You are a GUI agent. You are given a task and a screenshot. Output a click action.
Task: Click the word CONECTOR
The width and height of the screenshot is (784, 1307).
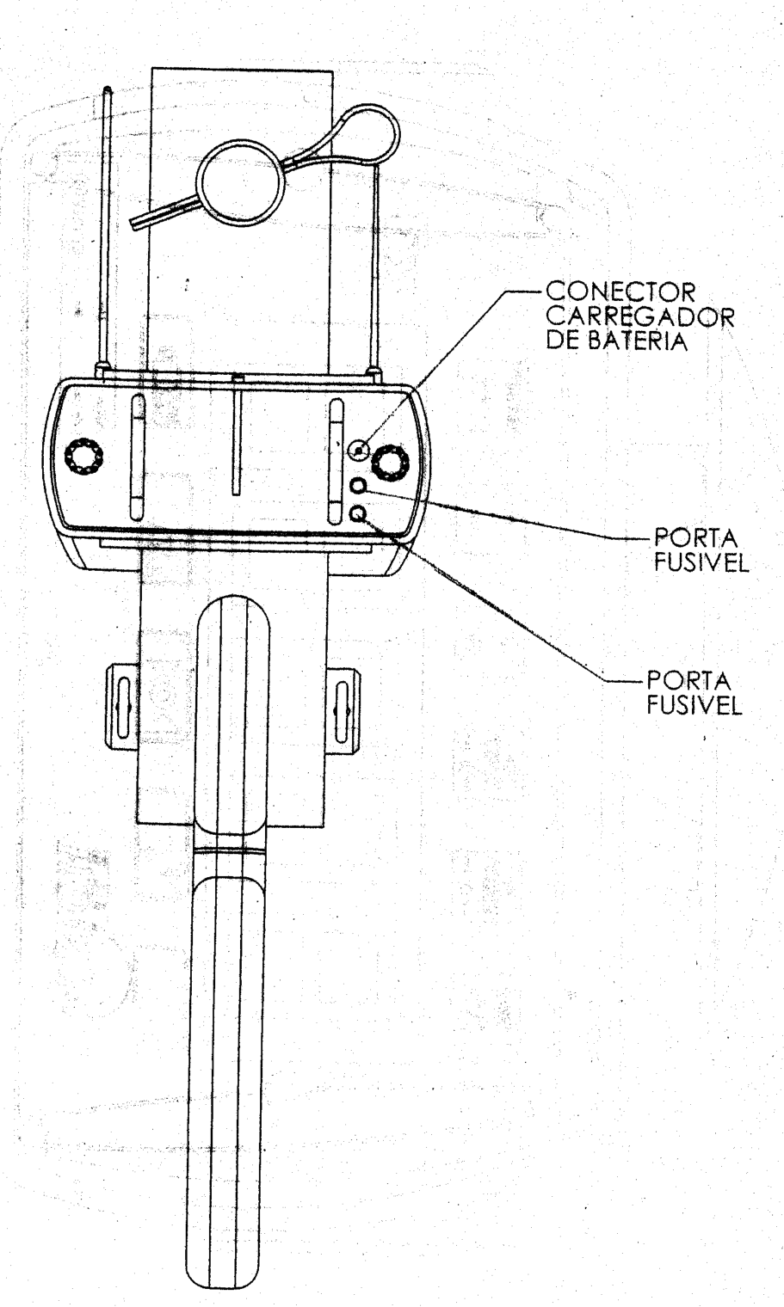tap(621, 291)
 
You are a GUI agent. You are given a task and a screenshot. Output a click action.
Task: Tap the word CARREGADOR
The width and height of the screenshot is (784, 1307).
tap(639, 316)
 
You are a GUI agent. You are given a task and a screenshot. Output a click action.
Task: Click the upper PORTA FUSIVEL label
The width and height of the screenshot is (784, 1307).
tap(701, 549)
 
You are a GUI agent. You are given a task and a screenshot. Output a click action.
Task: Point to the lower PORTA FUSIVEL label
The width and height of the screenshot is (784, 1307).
tap(694, 692)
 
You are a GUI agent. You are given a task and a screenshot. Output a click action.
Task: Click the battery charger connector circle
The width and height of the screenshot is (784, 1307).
tap(358, 450)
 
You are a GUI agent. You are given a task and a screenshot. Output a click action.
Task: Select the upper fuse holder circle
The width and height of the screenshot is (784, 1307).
tap(358, 485)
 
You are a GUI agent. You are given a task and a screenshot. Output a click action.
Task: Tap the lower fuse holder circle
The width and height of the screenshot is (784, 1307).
tap(358, 513)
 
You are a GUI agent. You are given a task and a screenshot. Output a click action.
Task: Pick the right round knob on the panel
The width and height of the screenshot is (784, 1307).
tap(391, 462)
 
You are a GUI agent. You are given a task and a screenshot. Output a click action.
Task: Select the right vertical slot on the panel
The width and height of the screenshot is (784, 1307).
tap(336, 460)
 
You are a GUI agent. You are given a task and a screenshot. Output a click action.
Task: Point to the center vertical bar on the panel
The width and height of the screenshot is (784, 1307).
tap(237, 436)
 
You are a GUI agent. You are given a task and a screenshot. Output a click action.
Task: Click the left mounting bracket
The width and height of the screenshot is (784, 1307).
tap(122, 706)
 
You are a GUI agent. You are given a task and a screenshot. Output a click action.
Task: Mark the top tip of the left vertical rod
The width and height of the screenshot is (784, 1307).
tap(108, 89)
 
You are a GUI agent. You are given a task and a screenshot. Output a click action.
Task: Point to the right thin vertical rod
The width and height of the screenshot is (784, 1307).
tap(375, 267)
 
